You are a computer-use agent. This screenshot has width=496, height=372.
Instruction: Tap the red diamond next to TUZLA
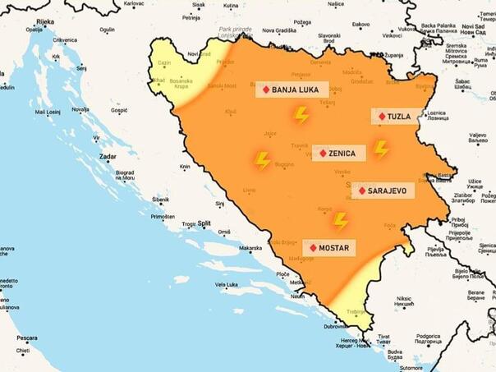tap(382, 117)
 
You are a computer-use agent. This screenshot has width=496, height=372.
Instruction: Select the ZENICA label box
tap(338, 153)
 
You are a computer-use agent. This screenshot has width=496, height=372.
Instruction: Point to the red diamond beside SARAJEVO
tap(362, 191)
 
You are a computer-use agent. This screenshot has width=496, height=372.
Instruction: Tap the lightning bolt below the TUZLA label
tap(381, 149)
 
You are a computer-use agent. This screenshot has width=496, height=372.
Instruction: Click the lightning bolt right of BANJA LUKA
tap(302, 115)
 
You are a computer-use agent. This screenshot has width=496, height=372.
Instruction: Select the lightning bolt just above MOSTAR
tap(341, 220)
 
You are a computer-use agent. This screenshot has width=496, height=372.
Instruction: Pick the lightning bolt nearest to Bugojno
tap(263, 160)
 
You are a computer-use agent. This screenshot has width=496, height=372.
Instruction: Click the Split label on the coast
tap(204, 223)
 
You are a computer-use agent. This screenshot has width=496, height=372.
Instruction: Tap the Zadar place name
tap(107, 155)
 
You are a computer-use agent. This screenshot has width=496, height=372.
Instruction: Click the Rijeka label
tap(45, 22)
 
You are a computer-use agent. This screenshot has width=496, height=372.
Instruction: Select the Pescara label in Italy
tap(27, 338)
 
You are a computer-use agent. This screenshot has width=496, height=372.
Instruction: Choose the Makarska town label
tap(250, 248)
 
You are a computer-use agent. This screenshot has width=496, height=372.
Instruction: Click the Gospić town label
tap(119, 109)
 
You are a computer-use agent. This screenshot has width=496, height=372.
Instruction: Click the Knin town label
tap(186, 166)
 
